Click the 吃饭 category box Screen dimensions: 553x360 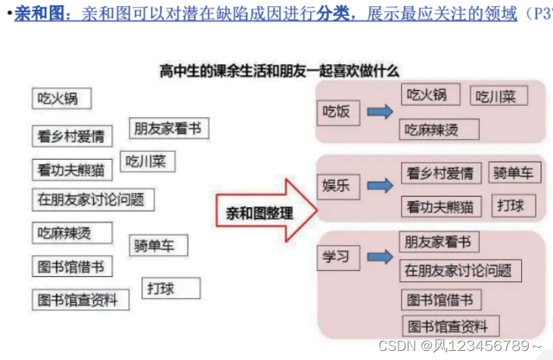tap(337, 112)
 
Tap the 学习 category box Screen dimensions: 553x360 tap(337, 258)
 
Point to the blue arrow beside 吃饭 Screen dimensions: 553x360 tap(380, 112)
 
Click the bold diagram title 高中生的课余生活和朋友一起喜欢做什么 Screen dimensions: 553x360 tap(279, 71)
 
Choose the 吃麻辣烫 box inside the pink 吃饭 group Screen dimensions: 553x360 tap(440, 130)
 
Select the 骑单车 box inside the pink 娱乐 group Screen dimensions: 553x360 tap(514, 172)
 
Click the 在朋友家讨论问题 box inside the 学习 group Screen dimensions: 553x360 tap(457, 270)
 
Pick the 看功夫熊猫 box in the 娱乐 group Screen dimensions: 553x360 tap(440, 206)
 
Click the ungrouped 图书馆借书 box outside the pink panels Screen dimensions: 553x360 tap(71, 267)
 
